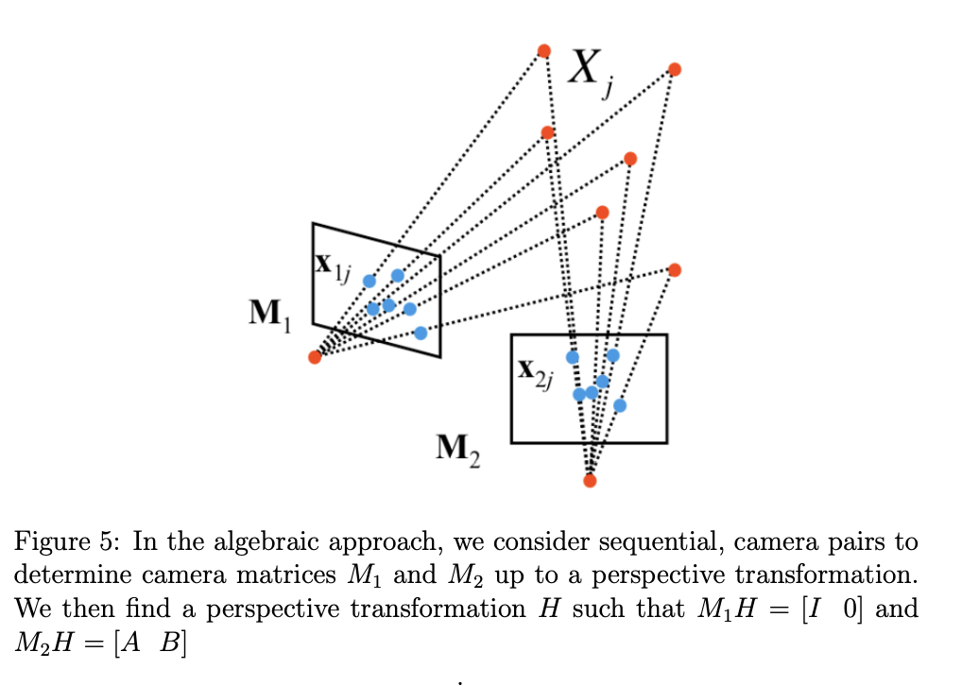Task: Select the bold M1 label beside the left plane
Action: point(269,313)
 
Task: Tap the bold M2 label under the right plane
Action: point(457,449)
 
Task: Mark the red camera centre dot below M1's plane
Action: point(315,356)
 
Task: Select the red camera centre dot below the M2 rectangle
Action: point(590,480)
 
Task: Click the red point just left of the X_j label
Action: point(544,50)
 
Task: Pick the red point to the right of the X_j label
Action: point(674,69)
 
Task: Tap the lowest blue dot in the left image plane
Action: point(421,333)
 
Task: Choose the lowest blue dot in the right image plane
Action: point(619,405)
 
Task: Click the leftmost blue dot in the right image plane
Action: point(572,357)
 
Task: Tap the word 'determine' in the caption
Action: point(65,575)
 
